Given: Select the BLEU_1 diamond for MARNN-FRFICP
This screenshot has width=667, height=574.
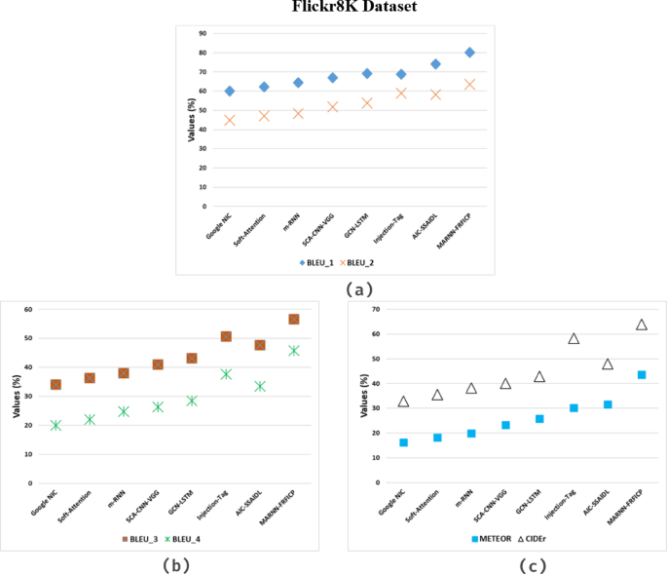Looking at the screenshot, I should (469, 53).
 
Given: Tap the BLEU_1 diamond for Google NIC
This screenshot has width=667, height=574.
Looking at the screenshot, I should (230, 91).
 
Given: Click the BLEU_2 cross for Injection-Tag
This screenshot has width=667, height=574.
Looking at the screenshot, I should (400, 94).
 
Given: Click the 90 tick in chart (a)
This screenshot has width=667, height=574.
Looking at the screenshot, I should (202, 33).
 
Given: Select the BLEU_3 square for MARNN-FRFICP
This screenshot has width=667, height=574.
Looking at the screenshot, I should (293, 319).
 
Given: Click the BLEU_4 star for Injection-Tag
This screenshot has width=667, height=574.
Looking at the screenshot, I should (226, 374).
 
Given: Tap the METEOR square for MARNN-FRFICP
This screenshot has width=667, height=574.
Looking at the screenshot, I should (642, 375).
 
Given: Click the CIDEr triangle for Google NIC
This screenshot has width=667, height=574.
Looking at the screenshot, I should (403, 402).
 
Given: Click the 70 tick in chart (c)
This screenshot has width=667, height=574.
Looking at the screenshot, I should (376, 309).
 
